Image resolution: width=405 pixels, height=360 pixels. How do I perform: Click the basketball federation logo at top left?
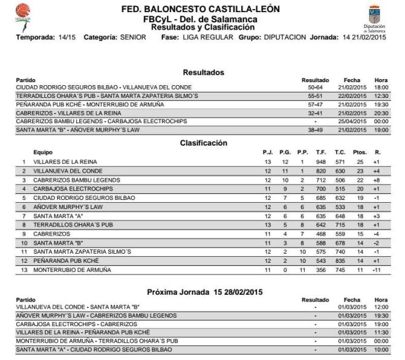[22, 13]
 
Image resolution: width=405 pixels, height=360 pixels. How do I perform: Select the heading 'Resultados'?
[203, 72]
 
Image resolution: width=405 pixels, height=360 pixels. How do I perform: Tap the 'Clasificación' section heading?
[203, 143]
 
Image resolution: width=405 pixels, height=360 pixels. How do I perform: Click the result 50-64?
[315, 88]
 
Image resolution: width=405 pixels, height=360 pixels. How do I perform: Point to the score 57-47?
[315, 104]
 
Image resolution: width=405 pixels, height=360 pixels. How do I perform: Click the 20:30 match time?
[381, 113]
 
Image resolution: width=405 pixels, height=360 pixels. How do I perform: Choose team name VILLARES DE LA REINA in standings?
[63, 162]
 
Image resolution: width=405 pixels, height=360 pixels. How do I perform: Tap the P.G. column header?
[284, 152]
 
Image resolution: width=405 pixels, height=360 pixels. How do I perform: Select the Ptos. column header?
[359, 152]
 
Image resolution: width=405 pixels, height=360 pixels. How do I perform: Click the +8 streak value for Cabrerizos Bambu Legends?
[377, 180]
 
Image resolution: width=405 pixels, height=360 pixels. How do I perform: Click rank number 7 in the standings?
[24, 216]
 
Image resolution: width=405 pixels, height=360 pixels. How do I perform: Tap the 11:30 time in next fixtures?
[381, 332]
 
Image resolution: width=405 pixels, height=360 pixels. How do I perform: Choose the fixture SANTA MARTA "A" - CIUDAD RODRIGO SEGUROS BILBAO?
[94, 350]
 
